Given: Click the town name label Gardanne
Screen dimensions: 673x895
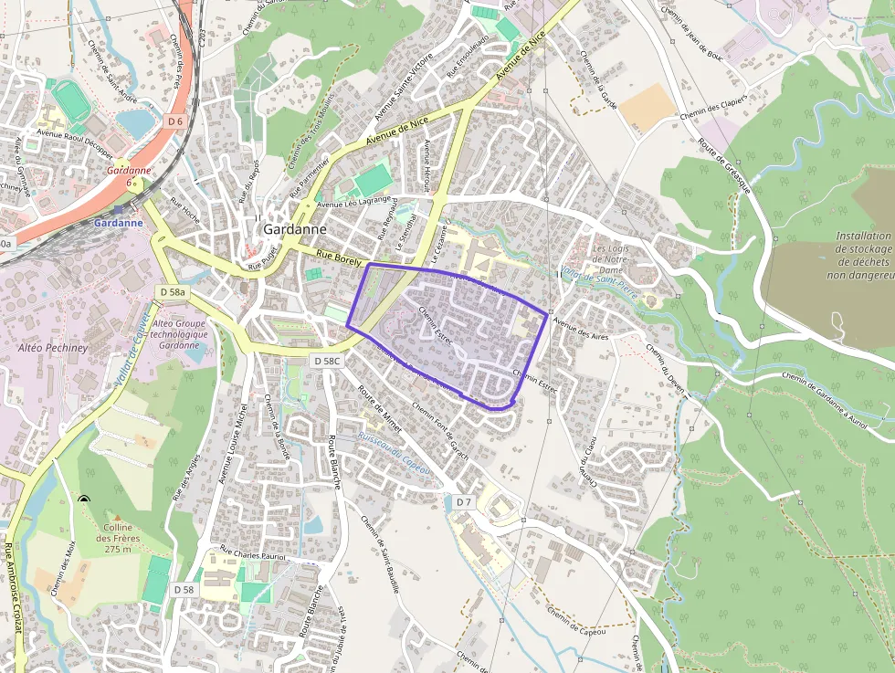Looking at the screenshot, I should (295, 230).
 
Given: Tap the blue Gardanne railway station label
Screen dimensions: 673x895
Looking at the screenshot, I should (118, 222).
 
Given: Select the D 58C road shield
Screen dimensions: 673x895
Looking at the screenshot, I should (326, 362).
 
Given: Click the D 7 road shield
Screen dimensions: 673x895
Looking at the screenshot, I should (463, 502).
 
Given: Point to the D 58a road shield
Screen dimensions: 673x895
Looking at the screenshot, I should (172, 292).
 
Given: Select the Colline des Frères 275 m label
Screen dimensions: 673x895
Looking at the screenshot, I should (118, 539).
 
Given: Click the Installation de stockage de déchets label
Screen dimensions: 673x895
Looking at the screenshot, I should (862, 256).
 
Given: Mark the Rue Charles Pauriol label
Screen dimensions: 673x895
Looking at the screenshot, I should (253, 553).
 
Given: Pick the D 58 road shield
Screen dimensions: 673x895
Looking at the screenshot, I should (184, 590).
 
